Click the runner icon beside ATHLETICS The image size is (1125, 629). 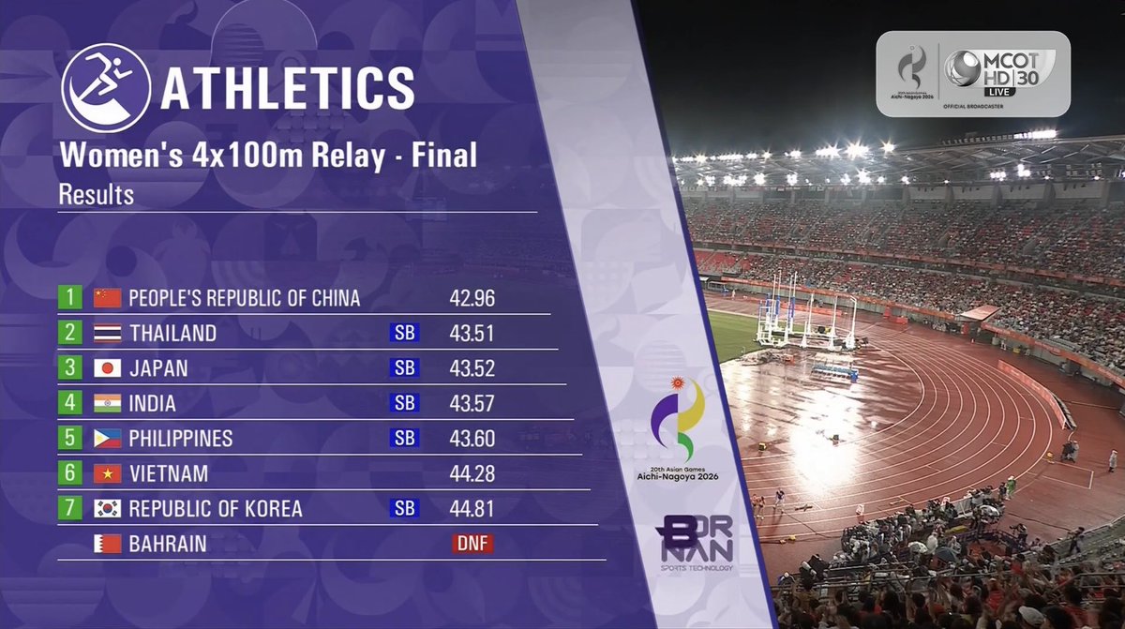tap(106, 88)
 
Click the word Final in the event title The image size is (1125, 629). tap(444, 155)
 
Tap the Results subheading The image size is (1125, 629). tap(97, 195)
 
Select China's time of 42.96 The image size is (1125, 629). tap(472, 298)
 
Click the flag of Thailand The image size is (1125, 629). tap(108, 334)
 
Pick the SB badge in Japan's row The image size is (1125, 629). tap(404, 368)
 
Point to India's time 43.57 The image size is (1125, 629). tap(472, 404)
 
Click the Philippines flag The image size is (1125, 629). tap(108, 439)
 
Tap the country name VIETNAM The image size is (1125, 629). tap(169, 474)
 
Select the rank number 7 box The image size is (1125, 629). tap(69, 508)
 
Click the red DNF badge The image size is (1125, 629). tap(472, 543)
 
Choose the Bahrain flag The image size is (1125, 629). tap(108, 544)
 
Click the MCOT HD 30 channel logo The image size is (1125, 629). tap(999, 73)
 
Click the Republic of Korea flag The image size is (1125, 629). tap(108, 508)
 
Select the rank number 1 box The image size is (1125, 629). tap(69, 297)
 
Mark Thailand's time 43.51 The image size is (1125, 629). tap(472, 334)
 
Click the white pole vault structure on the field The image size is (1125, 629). tap(807, 321)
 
